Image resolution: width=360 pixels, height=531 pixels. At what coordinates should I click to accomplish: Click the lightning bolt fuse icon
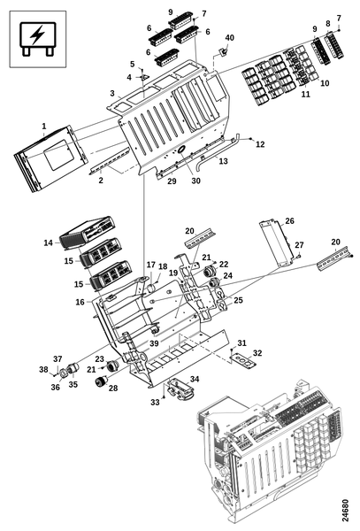tap(37, 39)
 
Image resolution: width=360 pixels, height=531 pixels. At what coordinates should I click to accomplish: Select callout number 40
tap(229, 37)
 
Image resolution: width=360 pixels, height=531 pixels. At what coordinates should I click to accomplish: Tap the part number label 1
tap(44, 127)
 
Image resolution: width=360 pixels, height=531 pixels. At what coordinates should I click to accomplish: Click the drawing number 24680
tap(345, 511)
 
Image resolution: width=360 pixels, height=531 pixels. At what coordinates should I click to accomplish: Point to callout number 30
tap(195, 181)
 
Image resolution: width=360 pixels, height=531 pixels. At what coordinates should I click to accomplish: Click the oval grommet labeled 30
tap(180, 149)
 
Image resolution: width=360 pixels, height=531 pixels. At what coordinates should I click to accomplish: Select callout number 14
tap(49, 242)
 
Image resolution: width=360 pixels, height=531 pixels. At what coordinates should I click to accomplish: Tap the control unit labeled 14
tap(88, 232)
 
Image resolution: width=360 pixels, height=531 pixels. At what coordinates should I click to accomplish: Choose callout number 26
tap(289, 220)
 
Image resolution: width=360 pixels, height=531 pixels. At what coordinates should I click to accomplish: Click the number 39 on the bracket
tap(154, 343)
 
